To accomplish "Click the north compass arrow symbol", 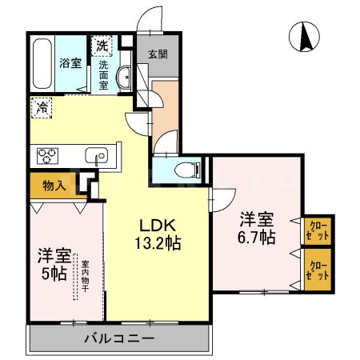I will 305,38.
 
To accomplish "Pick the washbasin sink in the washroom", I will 124,78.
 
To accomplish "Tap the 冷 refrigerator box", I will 41,105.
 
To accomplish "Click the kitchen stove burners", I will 43,154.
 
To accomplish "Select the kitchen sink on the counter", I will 99,155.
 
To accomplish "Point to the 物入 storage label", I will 54,186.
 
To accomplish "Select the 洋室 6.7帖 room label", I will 256,228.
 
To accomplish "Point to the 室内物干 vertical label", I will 84,275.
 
